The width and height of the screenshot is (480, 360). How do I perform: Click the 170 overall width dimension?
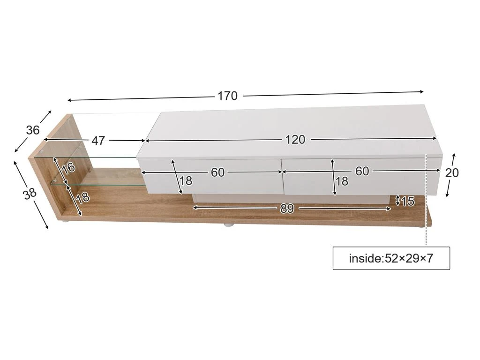point(227,96)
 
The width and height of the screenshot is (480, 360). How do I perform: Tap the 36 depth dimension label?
point(33,130)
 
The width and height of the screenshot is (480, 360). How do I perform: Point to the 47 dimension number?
point(98,141)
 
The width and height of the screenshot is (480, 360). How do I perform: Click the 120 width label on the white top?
point(295,139)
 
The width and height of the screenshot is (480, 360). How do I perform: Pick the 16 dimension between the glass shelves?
point(69,168)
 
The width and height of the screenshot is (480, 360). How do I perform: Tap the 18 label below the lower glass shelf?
point(82,197)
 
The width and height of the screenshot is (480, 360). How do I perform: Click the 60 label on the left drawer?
point(217,172)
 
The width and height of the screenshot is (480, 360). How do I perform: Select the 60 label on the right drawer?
point(362,172)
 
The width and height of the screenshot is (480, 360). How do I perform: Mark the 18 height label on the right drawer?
point(342,181)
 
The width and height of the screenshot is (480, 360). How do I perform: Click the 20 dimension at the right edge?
point(452,173)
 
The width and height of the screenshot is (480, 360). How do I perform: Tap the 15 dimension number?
point(408,202)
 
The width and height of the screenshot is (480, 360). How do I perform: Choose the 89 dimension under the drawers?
point(287,209)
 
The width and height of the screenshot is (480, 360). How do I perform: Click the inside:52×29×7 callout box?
point(391,258)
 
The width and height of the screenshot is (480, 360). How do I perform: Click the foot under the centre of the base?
point(228,225)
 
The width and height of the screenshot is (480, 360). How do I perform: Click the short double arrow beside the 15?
point(398,201)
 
